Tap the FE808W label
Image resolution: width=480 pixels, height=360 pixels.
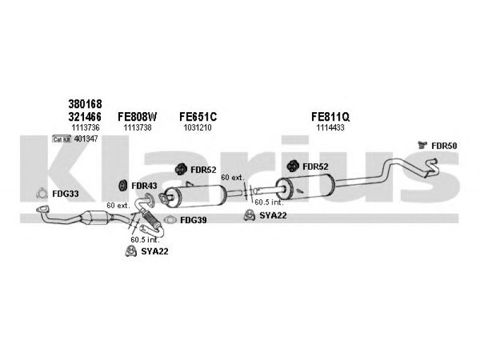click(137, 116)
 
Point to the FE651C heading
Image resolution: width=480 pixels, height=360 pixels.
click(197, 116)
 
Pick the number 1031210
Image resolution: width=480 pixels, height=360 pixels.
click(197, 127)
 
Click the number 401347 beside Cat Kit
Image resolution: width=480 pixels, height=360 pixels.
click(86, 139)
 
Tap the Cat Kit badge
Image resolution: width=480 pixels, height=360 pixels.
click(61, 139)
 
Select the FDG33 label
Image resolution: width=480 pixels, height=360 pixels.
click(65, 194)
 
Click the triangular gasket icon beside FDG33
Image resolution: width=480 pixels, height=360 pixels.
click(42, 193)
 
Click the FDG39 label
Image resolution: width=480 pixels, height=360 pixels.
click(193, 220)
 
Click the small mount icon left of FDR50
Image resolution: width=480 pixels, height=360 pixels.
click(422, 145)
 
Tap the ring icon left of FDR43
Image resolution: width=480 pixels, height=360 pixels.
click(122, 185)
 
